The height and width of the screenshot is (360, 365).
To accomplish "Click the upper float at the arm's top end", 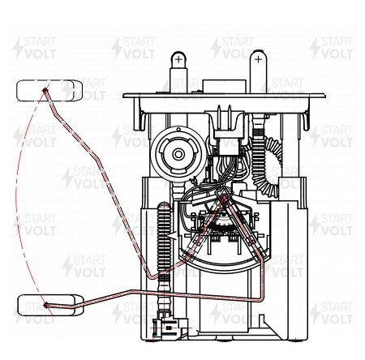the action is [x=49, y=91].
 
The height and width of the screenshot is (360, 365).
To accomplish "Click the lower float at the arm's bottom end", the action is [x=50, y=306].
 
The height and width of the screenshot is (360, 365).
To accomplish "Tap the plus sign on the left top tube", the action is [x=178, y=59].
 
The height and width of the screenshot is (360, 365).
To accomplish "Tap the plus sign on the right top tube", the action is [x=258, y=59].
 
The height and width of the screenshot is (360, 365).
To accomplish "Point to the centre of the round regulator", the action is [x=178, y=154].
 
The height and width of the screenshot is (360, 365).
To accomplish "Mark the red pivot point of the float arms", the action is [x=224, y=199].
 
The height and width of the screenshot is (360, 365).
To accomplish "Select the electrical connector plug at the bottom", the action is [x=170, y=327].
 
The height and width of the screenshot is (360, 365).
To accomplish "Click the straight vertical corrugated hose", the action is [x=164, y=243].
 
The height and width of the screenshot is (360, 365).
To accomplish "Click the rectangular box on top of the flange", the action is [x=224, y=87].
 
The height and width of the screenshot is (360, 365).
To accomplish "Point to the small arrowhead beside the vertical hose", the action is [x=172, y=236].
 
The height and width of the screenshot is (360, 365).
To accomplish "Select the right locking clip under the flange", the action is [x=304, y=119].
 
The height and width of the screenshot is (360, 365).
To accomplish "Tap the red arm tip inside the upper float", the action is [x=45, y=90].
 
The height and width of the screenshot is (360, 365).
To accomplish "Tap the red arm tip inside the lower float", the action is [x=46, y=305].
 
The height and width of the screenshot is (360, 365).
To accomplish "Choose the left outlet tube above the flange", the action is [x=178, y=72].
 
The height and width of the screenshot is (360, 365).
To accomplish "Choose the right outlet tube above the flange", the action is [x=258, y=71].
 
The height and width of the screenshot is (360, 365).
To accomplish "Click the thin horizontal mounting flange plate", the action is [x=224, y=96].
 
